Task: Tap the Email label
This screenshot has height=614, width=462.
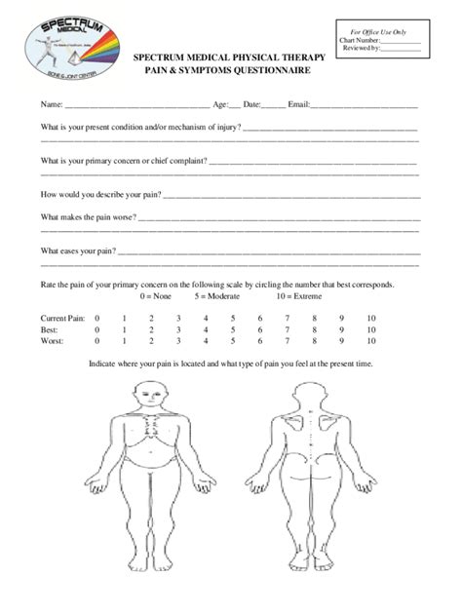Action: pyautogui.click(x=297, y=103)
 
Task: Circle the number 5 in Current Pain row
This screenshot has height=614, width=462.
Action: pyautogui.click(x=233, y=319)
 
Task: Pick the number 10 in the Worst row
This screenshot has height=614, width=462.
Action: pyautogui.click(x=370, y=342)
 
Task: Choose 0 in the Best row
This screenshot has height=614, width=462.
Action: pyautogui.click(x=96, y=330)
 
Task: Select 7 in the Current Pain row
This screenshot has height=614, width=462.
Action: pyautogui.click(x=288, y=319)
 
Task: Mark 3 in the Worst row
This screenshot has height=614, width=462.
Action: pyautogui.click(x=178, y=342)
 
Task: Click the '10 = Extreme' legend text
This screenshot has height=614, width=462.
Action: pyautogui.click(x=300, y=295)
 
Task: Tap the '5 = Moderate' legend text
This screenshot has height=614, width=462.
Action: pyautogui.click(x=216, y=295)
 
